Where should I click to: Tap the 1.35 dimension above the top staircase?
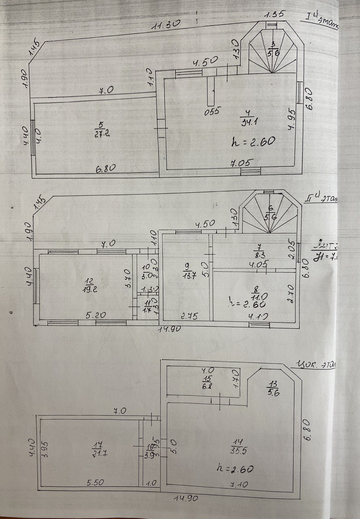point(274,15)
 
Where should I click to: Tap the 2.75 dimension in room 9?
point(189,316)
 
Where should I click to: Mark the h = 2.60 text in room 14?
point(236,469)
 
